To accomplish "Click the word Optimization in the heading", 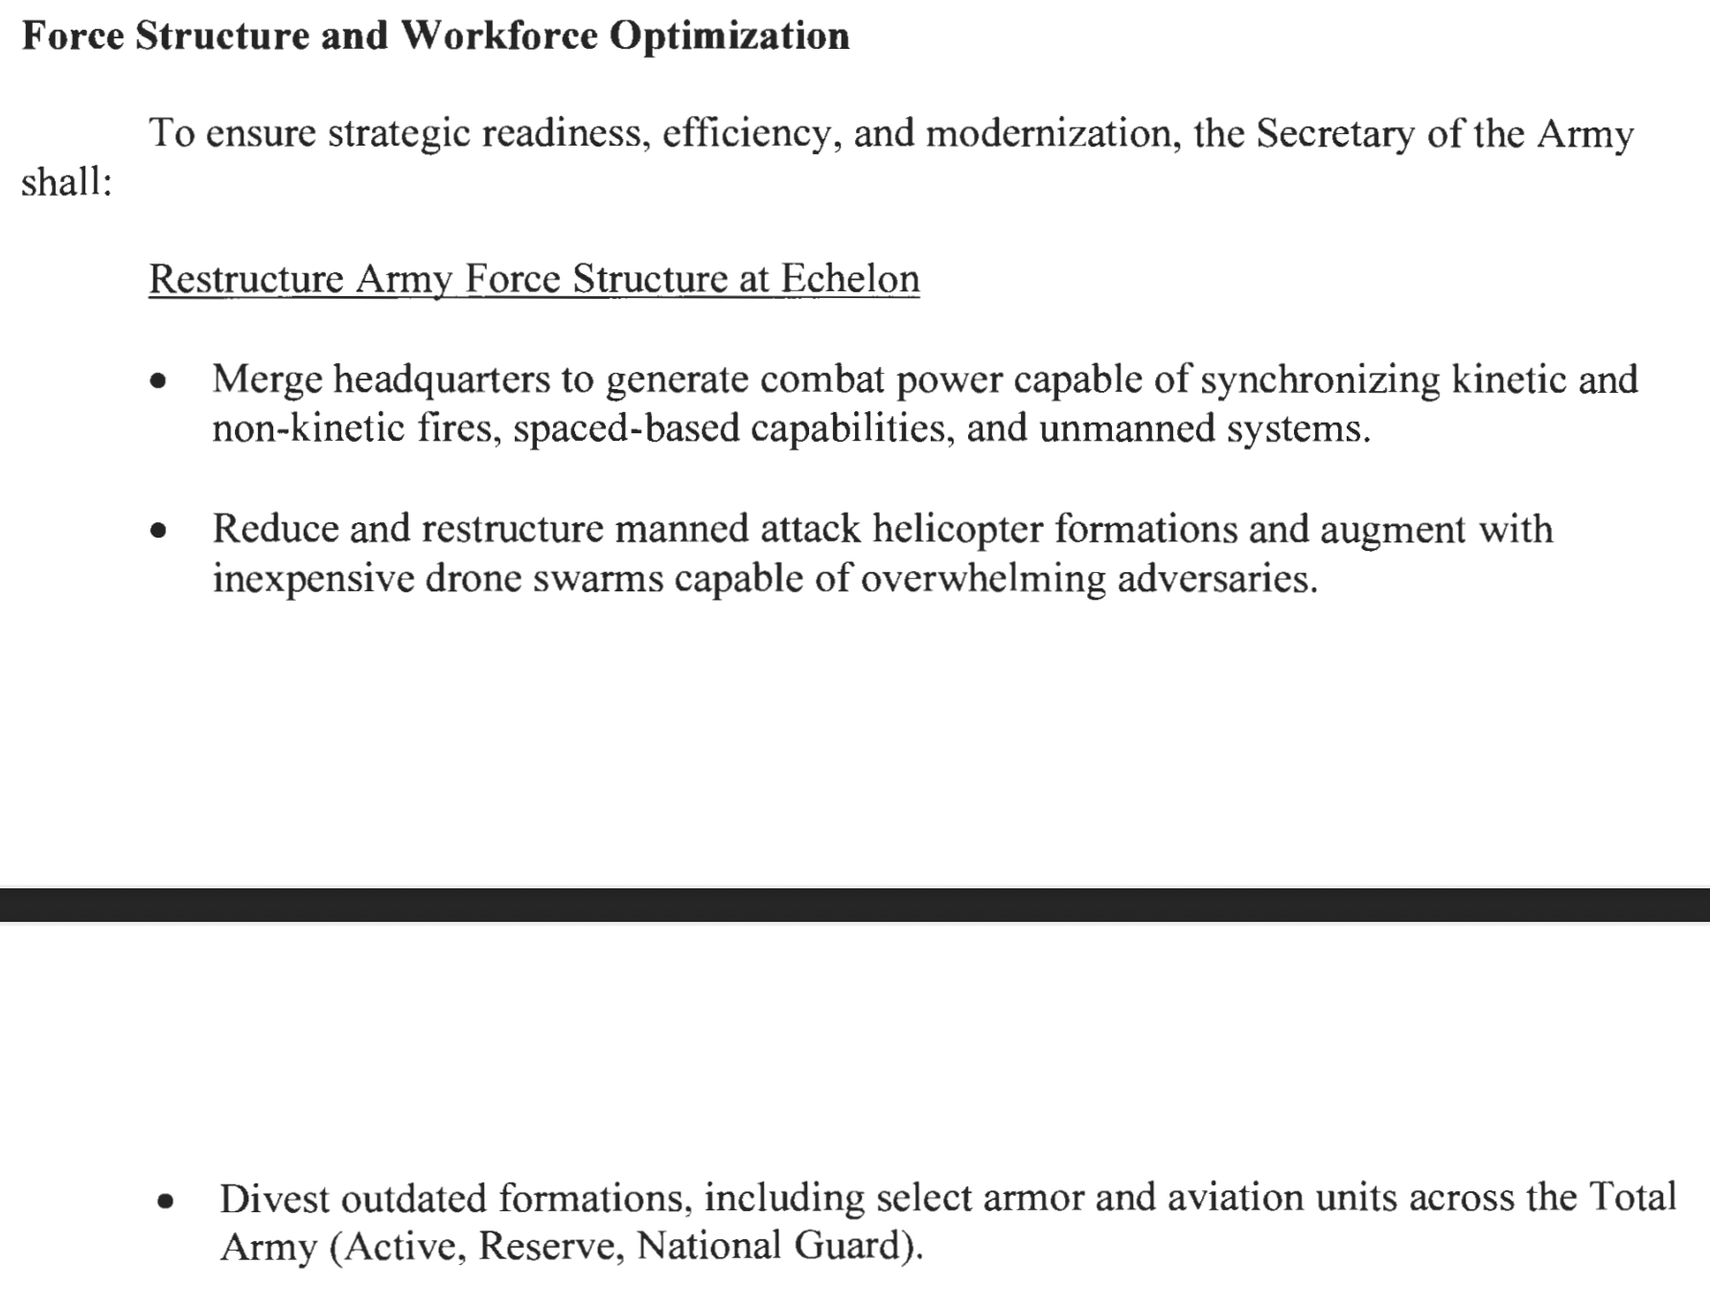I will click(729, 36).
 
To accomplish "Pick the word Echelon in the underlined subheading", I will click(850, 279).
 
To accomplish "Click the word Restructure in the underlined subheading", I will click(246, 279).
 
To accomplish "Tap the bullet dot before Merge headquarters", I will click(159, 382).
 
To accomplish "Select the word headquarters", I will click(442, 380).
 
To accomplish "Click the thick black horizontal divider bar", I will click(855, 905).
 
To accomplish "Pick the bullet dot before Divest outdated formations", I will click(166, 1201).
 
